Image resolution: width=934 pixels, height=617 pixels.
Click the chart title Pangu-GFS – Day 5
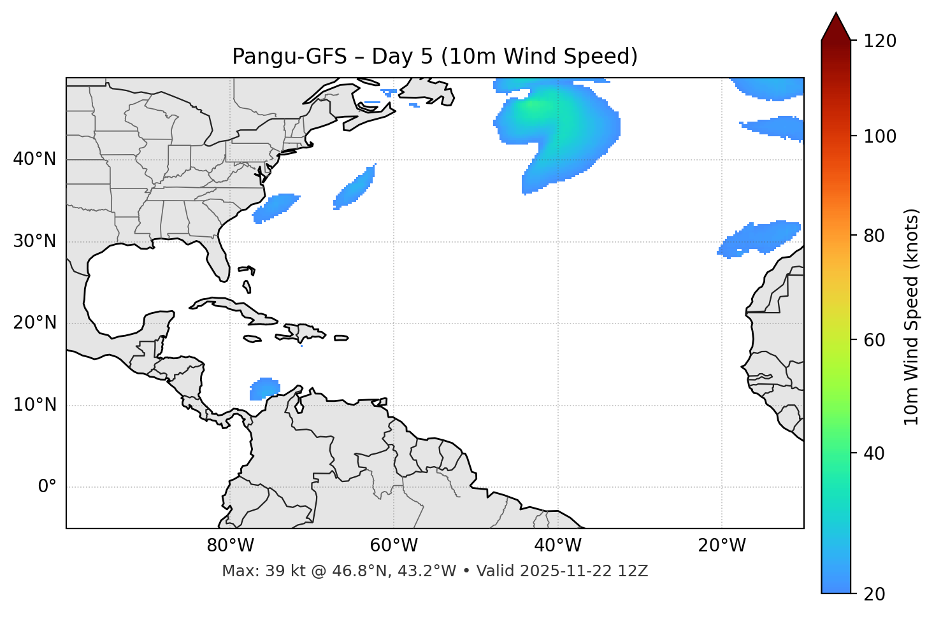(435, 57)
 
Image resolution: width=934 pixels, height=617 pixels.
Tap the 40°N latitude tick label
(34, 159)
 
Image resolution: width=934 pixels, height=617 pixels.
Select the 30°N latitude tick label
(34, 241)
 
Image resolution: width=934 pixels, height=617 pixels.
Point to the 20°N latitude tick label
(34, 323)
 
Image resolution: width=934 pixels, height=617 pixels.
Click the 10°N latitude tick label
(34, 405)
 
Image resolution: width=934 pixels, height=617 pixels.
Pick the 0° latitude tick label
(47, 487)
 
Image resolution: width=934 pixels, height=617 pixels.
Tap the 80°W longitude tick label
(230, 546)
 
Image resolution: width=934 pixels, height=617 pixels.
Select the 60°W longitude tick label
(394, 546)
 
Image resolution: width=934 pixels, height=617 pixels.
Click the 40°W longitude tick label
(557, 546)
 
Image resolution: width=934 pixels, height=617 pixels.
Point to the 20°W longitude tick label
(721, 546)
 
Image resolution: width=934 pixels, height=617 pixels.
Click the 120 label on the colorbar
(880, 41)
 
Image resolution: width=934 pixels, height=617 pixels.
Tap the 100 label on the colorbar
(880, 136)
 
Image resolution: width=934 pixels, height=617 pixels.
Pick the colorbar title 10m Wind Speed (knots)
(912, 316)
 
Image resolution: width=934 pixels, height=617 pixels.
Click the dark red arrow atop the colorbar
(836, 27)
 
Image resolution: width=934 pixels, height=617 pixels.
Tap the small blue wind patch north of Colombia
(264, 388)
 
